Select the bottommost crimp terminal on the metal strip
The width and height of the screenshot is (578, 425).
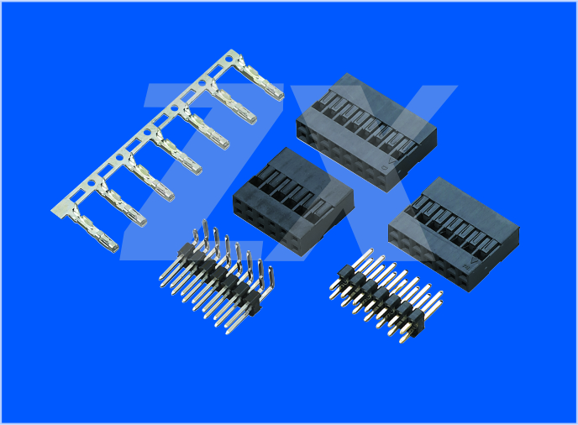pos(94,228)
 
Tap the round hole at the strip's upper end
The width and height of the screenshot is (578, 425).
pos(229,59)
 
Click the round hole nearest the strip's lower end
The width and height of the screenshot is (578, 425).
pos(92,183)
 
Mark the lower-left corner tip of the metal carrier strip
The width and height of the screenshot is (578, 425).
pos(51,211)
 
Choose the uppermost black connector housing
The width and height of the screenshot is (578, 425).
pos(366,133)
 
